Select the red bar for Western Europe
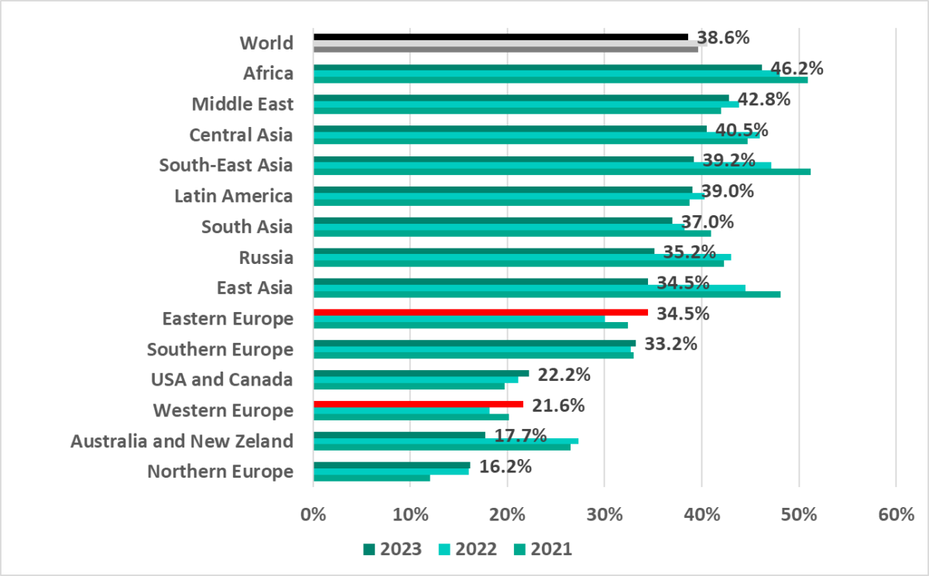(418, 404)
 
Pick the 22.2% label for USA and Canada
(564, 375)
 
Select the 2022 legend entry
(468, 549)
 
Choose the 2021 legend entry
(542, 549)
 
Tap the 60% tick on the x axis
(896, 514)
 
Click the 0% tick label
(313, 514)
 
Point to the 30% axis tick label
(605, 514)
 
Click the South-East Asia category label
(226, 165)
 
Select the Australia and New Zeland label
(182, 441)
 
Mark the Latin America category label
(235, 196)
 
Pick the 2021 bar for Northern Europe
(371, 478)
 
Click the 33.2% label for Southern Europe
(671, 344)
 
